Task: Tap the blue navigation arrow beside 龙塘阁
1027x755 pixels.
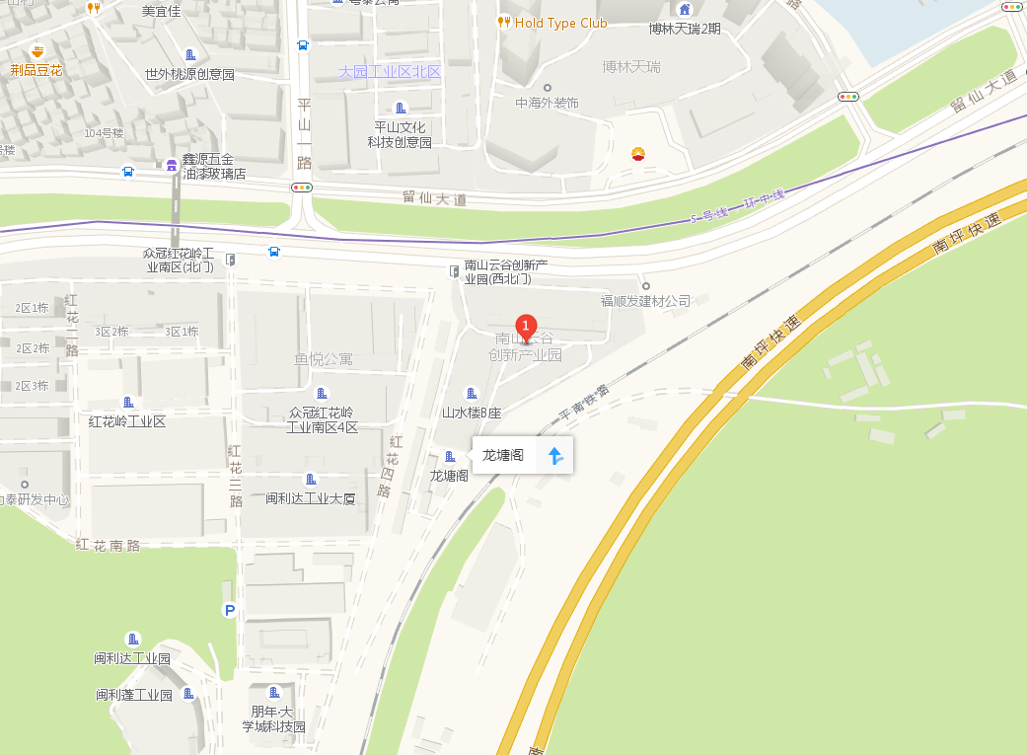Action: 554,456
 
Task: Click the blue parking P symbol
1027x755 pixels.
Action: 230,611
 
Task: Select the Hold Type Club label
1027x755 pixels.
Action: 560,23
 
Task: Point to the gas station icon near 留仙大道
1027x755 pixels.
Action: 638,154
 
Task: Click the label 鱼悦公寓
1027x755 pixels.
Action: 324,359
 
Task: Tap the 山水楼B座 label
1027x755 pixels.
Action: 472,413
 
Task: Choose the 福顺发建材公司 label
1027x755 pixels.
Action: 646,300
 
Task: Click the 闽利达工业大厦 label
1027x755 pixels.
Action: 311,498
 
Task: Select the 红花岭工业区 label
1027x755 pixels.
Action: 127,421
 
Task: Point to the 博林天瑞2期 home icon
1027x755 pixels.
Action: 685,10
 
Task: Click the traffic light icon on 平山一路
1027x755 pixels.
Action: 302,187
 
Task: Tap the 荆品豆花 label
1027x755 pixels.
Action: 37,70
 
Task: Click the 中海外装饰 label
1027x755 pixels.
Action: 547,103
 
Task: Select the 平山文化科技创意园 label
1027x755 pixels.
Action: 400,134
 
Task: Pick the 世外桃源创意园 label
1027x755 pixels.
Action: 189,74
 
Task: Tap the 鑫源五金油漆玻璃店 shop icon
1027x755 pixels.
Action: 172,165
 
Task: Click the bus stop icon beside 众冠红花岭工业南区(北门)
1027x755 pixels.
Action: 273,252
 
